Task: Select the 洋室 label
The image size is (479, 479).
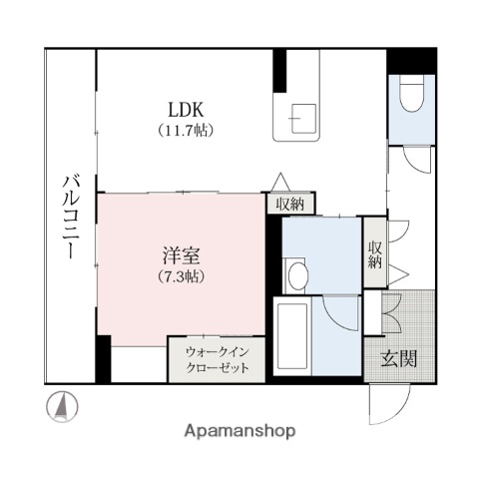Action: click(x=181, y=255)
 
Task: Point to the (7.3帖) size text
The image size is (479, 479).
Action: click(x=181, y=275)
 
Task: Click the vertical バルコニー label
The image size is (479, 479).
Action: click(x=71, y=219)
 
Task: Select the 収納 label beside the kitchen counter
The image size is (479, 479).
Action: click(x=290, y=203)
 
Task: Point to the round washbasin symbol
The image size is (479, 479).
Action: click(x=296, y=275)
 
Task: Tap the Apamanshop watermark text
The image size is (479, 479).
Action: click(x=239, y=431)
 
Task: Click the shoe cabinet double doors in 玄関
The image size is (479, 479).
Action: click(x=387, y=312)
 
